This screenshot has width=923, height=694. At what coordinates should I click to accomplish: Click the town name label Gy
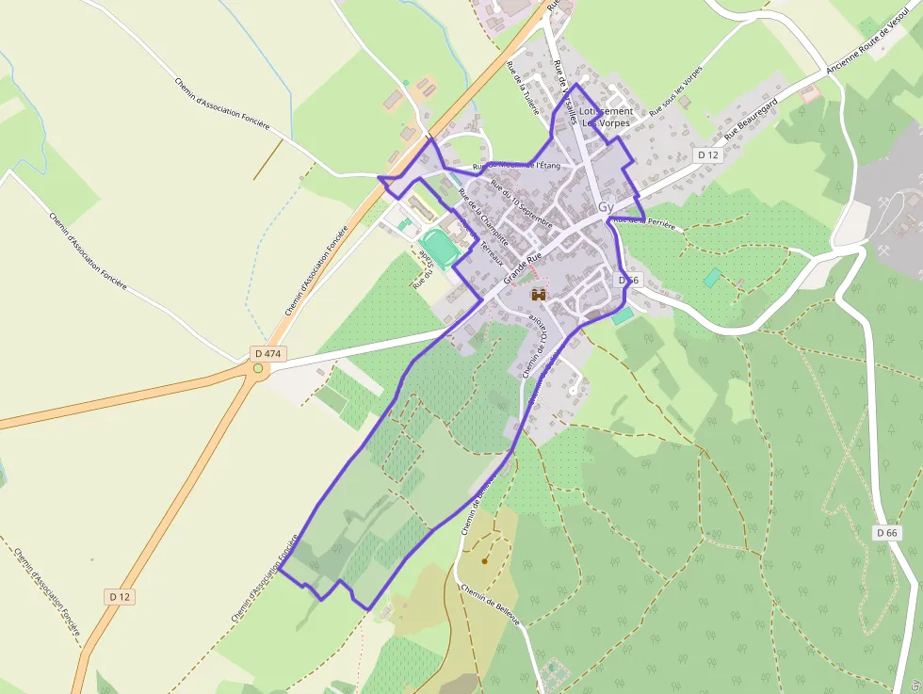(607, 206)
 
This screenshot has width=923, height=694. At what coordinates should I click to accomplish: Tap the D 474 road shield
(268, 353)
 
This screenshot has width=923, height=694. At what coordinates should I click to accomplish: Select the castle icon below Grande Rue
(539, 295)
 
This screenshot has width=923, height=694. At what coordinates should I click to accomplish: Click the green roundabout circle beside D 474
(258, 368)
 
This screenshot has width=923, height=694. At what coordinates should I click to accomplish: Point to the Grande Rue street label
(524, 267)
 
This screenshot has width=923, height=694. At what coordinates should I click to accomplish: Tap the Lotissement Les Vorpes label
(607, 117)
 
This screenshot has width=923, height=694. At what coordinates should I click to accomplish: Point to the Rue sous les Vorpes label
(676, 91)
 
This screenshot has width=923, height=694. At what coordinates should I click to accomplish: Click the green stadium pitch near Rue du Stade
(439, 248)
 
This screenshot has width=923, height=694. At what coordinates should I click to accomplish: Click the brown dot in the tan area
(485, 561)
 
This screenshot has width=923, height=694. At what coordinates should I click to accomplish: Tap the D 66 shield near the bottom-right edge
(886, 533)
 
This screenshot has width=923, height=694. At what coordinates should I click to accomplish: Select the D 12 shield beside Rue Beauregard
(707, 154)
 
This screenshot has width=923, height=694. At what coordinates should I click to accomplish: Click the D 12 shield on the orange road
(118, 596)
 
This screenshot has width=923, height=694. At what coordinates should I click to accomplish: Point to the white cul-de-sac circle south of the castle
(573, 389)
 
